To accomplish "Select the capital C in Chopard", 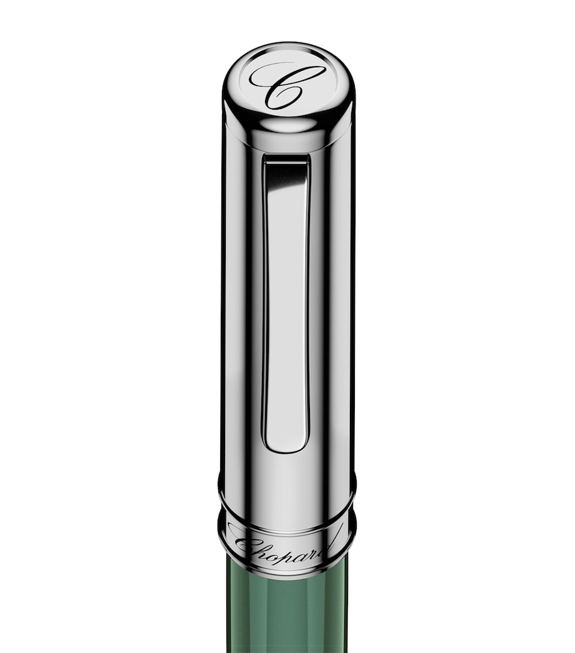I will (x=247, y=546).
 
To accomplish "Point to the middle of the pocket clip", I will (x=286, y=305).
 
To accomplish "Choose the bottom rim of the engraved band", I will (x=287, y=572).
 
